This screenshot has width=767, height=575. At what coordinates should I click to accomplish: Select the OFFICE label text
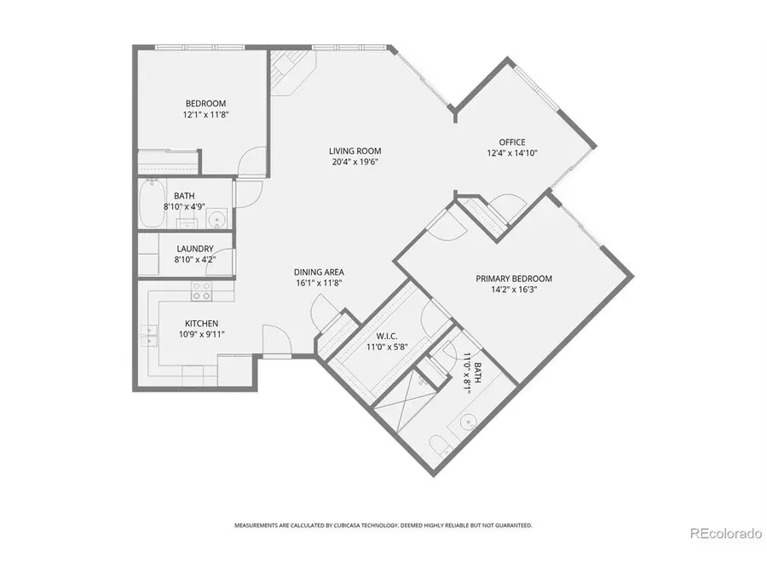pyautogui.click(x=512, y=142)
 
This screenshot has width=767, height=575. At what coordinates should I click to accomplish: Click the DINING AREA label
pyautogui.click(x=320, y=273)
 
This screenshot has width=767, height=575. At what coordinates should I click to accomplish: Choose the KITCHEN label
pyautogui.click(x=202, y=324)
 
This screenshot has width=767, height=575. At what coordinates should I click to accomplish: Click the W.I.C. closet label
pyautogui.click(x=376, y=335)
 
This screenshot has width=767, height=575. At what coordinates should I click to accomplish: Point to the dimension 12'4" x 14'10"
pyautogui.click(x=512, y=153)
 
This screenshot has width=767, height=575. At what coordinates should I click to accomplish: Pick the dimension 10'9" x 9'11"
pyautogui.click(x=202, y=334)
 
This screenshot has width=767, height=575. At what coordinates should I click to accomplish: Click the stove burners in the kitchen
pyautogui.click(x=201, y=291)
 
